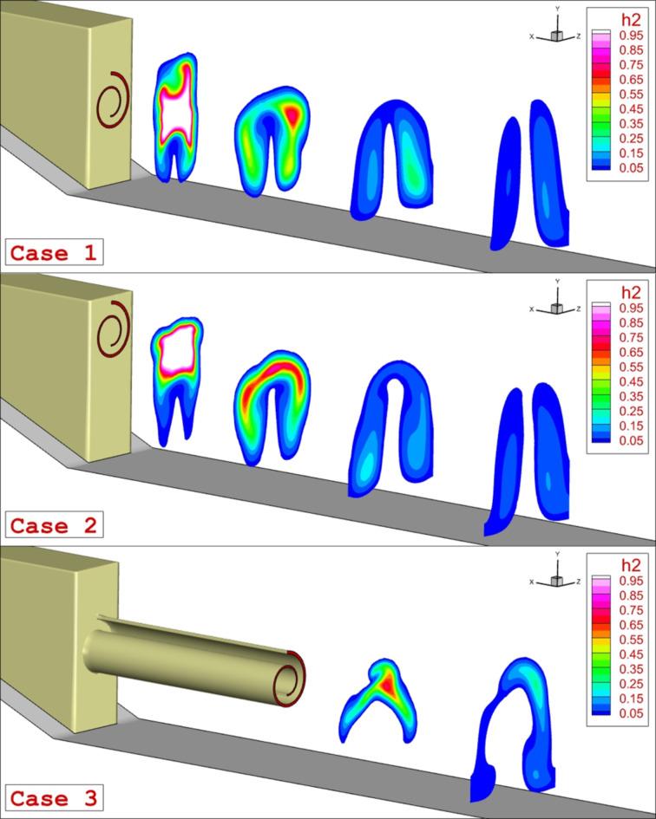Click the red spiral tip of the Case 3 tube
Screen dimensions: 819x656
tap(294, 675)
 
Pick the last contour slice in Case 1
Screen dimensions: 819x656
tap(532, 173)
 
